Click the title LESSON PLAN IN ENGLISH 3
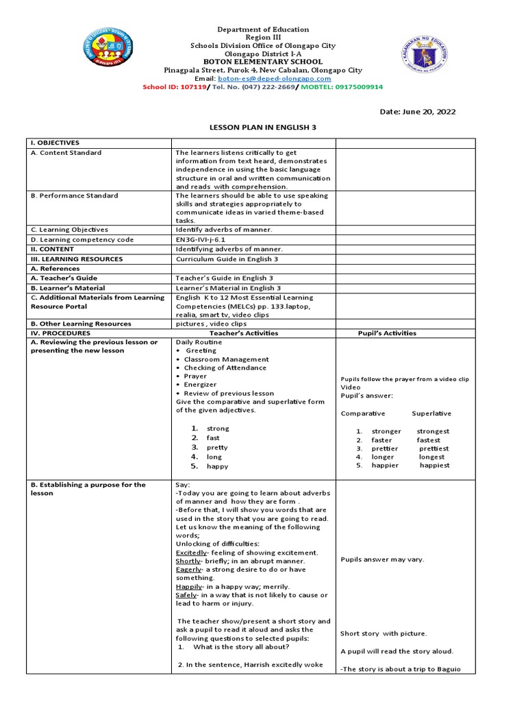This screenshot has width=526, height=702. tap(263, 128)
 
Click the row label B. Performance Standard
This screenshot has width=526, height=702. tap(75, 196)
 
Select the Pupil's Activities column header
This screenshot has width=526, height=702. tap(387, 333)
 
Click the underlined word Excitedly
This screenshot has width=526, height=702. tap(191, 553)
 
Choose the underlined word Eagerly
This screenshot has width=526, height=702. tap(188, 570)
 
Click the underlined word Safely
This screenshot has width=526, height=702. tap(186, 595)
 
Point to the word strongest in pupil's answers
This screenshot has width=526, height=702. tap(433, 431)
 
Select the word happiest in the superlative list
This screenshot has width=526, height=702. tap(435, 465)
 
